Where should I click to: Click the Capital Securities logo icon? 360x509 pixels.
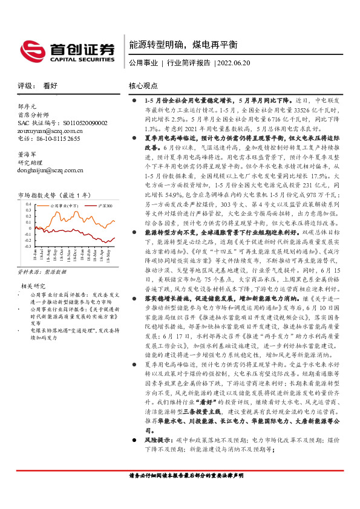tap(30, 48)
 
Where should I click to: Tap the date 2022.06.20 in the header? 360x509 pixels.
tap(232, 62)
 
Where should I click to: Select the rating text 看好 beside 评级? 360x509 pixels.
tap(50, 86)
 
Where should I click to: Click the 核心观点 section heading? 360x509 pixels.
tap(143, 86)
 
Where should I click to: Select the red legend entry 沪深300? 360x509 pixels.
tap(104, 206)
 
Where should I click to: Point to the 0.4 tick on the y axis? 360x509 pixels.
tap(28, 205)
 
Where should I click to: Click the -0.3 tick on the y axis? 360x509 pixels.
tap(27, 247)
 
